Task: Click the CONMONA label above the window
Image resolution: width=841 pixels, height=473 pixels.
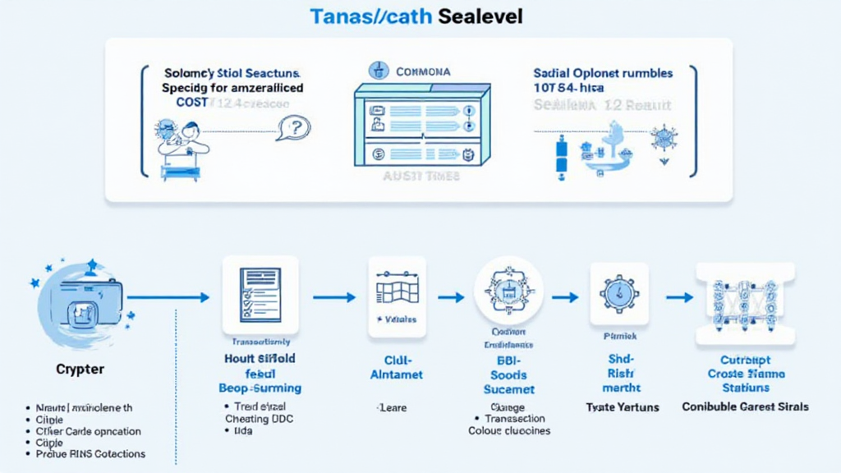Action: (422, 71)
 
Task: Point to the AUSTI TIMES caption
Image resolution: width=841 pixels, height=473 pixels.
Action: (421, 176)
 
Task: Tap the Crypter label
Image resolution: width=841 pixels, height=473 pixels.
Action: (80, 369)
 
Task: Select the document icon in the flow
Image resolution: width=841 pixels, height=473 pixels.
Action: (260, 296)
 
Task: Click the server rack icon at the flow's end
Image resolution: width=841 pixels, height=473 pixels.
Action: (744, 300)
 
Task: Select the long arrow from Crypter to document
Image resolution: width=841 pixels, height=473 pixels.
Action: (168, 297)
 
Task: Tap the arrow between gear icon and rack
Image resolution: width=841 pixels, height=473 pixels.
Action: (678, 297)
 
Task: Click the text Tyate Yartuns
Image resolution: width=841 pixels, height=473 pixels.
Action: (621, 406)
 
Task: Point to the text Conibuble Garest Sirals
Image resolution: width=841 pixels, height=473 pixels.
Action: (745, 406)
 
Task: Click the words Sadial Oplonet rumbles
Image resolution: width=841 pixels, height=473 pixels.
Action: (603, 73)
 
